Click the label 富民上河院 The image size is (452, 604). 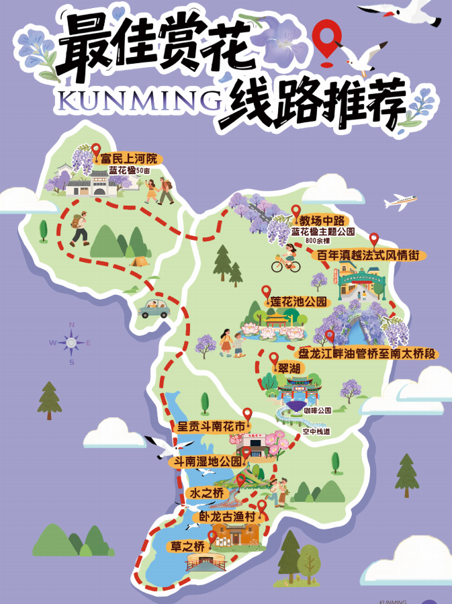[128, 159]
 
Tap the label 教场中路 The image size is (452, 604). [321, 220]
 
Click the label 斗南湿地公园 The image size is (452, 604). [208, 462]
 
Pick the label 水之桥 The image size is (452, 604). [205, 494]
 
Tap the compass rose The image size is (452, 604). [71, 343]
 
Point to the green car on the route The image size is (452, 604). [156, 308]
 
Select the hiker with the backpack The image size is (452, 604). [79, 227]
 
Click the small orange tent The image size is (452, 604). [139, 259]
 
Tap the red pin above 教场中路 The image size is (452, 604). [296, 212]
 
